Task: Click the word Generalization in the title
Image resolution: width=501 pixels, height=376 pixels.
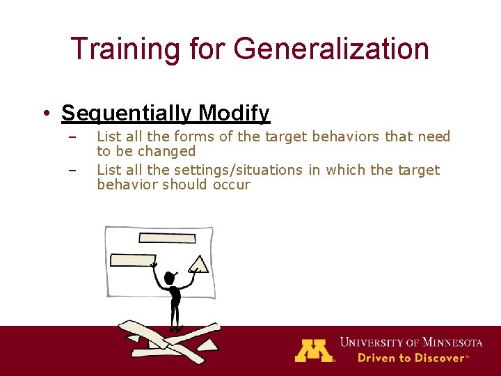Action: (x=331, y=49)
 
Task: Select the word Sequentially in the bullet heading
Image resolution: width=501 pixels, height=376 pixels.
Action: (x=127, y=113)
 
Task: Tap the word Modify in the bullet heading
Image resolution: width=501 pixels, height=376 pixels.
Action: (x=234, y=113)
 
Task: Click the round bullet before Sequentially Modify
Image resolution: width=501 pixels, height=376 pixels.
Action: (x=45, y=113)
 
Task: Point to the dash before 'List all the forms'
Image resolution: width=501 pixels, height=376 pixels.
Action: (x=71, y=136)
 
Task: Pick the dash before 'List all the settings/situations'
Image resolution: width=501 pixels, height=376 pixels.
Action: (x=71, y=170)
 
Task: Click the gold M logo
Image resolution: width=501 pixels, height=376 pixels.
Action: (x=314, y=350)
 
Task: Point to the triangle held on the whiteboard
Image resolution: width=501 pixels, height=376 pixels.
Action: (x=198, y=265)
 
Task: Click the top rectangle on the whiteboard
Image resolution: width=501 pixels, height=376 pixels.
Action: (x=166, y=238)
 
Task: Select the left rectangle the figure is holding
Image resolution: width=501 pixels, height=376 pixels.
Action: (x=133, y=261)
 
